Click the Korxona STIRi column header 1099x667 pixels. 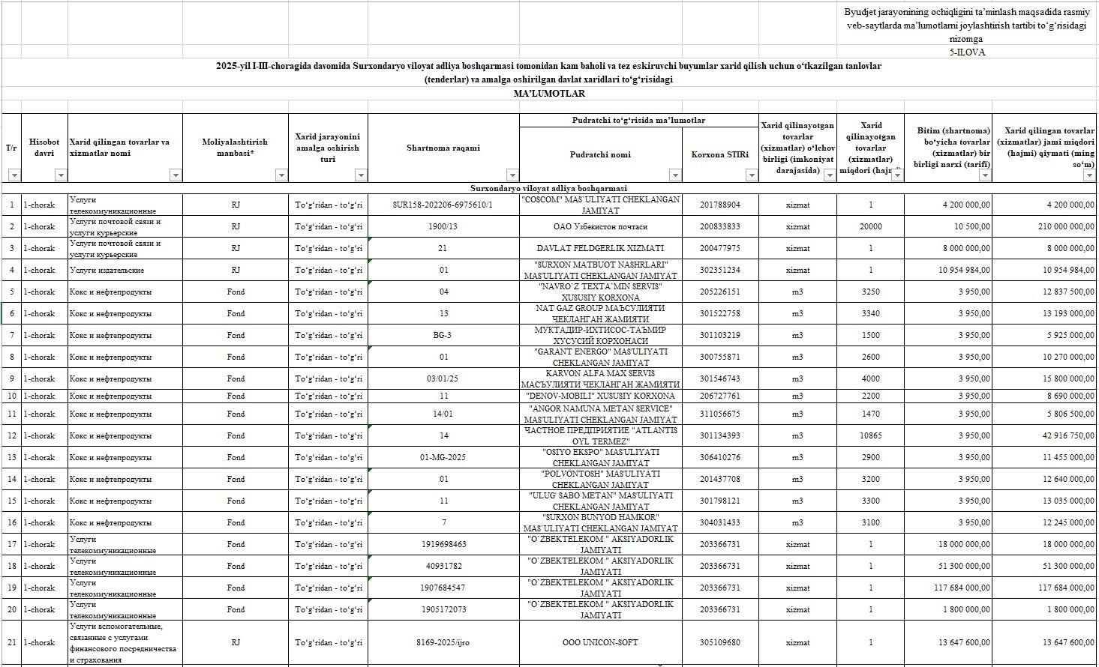[x=719, y=154]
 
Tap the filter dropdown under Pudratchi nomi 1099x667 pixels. [x=674, y=175]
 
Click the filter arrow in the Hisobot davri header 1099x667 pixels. [x=61, y=175]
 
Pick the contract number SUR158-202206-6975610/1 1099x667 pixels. [x=443, y=205]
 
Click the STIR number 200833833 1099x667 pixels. [x=719, y=226]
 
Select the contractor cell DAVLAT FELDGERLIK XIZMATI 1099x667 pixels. [x=600, y=248]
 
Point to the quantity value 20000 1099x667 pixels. [x=870, y=226]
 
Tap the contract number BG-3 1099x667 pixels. [x=443, y=335]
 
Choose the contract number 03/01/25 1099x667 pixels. [x=443, y=378]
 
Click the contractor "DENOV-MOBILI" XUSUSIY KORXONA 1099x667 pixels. [x=600, y=396]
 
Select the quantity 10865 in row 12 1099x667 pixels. [x=870, y=435]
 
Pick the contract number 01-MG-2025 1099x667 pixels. [x=443, y=457]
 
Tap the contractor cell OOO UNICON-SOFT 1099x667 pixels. [x=600, y=642]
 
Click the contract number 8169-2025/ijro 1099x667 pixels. [x=443, y=642]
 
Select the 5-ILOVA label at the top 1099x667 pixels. [x=966, y=52]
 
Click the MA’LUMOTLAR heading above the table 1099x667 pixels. [x=548, y=94]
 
